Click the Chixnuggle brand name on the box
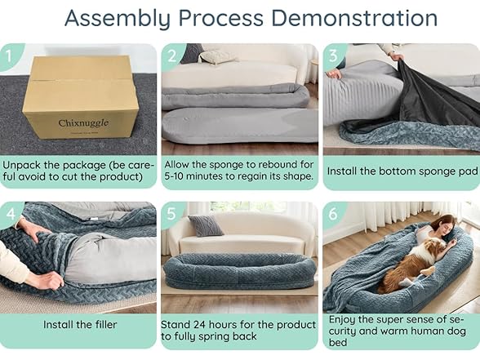click(x=83, y=123)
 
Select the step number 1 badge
click(x=8, y=56)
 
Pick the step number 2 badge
click(x=172, y=56)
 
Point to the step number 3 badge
click(x=334, y=56)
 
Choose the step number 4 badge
click(x=10, y=214)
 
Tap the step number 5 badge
click(x=171, y=214)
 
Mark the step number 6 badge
click(x=333, y=214)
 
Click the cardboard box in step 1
click(x=81, y=96)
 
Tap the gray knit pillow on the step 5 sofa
click(x=206, y=225)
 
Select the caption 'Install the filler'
click(x=80, y=325)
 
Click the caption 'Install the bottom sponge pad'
click(x=402, y=171)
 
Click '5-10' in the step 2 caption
click(x=174, y=176)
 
